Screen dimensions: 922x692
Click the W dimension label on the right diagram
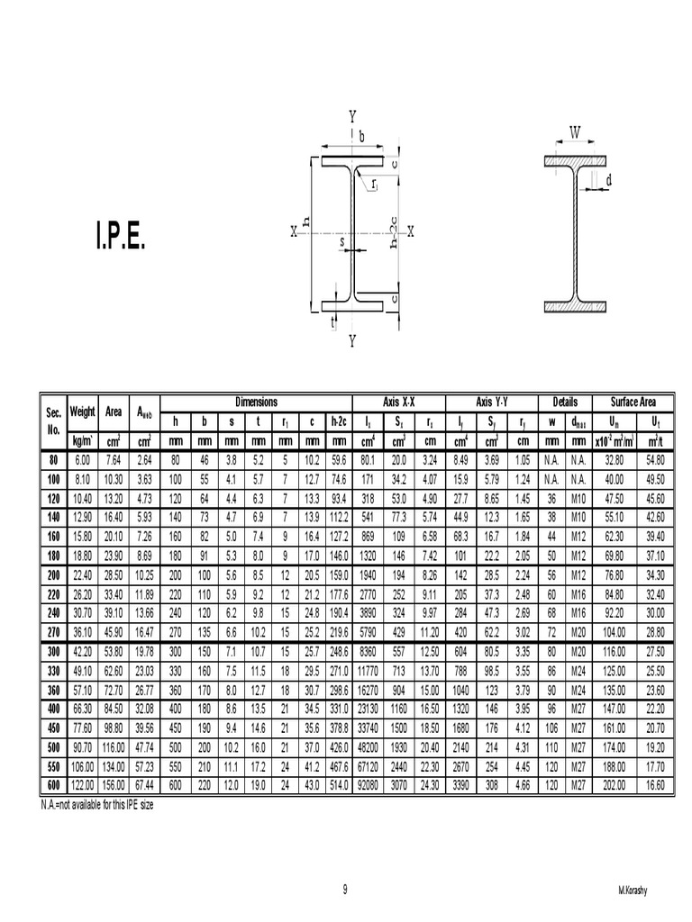pyautogui.click(x=575, y=132)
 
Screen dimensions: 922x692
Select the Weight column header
pyautogui.click(x=82, y=412)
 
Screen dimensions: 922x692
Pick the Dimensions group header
pyautogui.click(x=257, y=402)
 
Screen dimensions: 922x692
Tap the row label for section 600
pyautogui.click(x=54, y=786)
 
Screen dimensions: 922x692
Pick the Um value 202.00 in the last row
pyautogui.click(x=614, y=786)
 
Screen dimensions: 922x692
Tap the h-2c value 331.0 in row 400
pyautogui.click(x=339, y=710)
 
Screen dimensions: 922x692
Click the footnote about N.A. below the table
pyautogui.click(x=96, y=803)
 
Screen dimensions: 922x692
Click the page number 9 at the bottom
pyautogui.click(x=345, y=890)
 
